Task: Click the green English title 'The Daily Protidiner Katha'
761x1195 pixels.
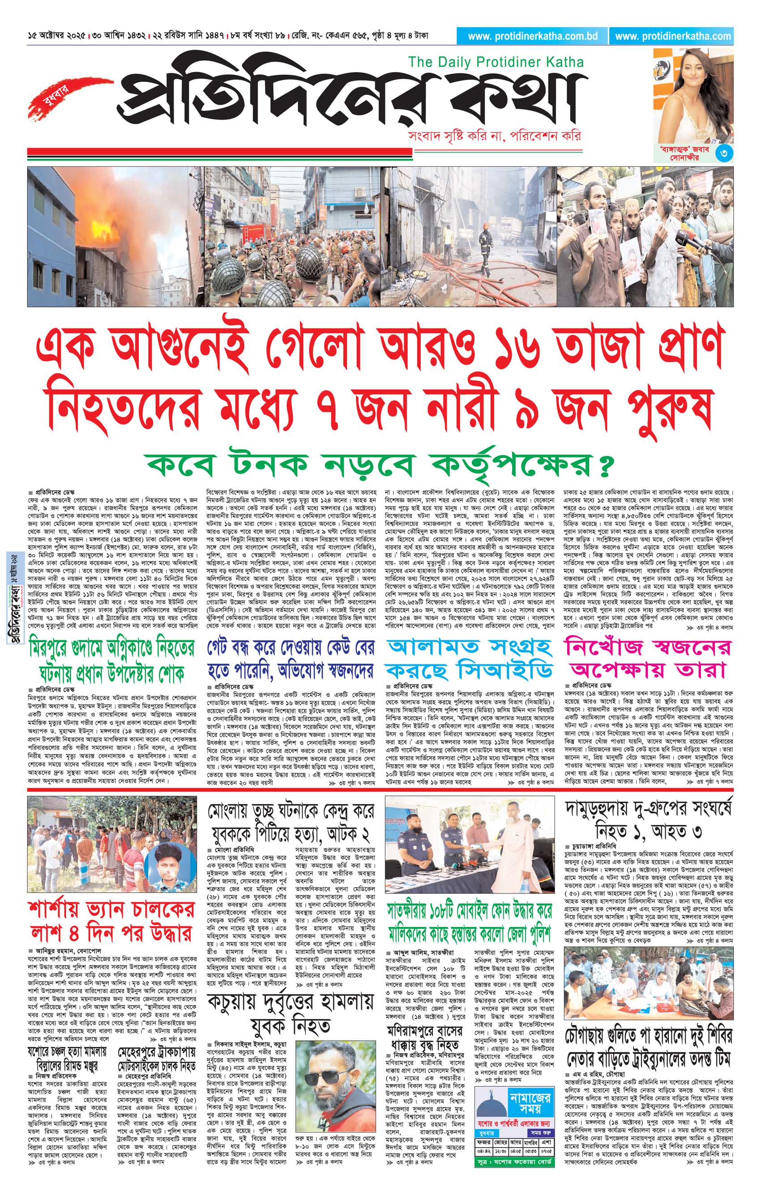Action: [x=496, y=63]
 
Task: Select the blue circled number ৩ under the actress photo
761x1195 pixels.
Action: [x=724, y=153]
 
